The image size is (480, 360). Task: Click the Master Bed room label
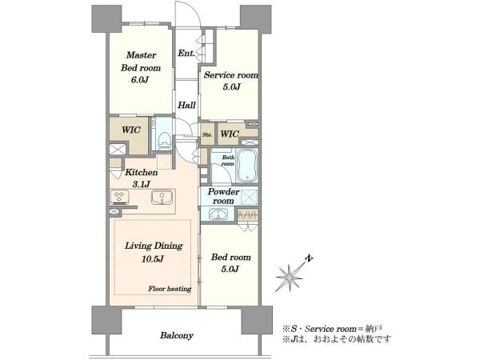click(x=141, y=68)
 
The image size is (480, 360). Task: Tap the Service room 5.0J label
click(x=231, y=81)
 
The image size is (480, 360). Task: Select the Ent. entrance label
click(x=186, y=54)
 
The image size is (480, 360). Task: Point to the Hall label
click(x=186, y=106)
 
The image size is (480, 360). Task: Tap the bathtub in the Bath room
click(x=248, y=166)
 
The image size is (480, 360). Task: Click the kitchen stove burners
click(x=119, y=197)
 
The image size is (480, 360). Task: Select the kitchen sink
click(x=162, y=198)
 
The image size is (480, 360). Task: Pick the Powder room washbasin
click(x=218, y=214)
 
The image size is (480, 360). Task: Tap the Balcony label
click(x=177, y=335)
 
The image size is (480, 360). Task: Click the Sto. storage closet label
click(x=207, y=134)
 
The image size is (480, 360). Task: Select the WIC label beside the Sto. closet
click(x=230, y=134)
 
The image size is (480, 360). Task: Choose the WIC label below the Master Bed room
click(x=131, y=130)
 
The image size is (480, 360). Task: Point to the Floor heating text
click(x=170, y=289)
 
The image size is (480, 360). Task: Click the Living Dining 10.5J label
click(x=154, y=252)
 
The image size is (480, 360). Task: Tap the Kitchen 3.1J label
click(x=142, y=178)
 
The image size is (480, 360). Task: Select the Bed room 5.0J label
click(x=230, y=263)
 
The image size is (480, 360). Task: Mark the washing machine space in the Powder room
click(x=249, y=196)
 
